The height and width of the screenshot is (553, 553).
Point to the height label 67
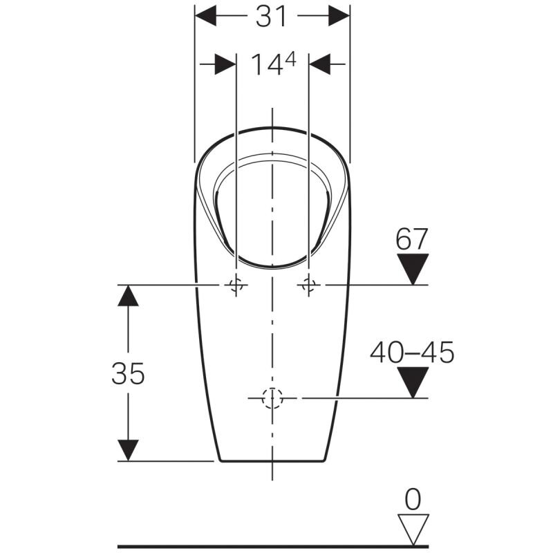pyautogui.click(x=411, y=238)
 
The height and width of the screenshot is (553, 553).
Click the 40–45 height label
pyautogui.click(x=412, y=353)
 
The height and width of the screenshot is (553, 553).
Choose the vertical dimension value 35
pyautogui.click(x=128, y=373)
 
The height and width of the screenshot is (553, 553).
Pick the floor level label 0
pyautogui.click(x=413, y=499)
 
